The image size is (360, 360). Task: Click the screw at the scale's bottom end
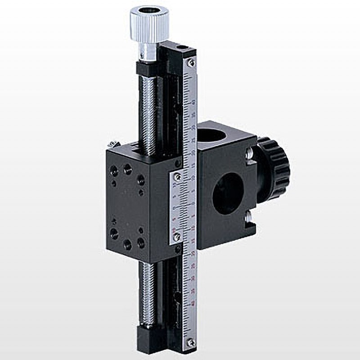click(x=192, y=342)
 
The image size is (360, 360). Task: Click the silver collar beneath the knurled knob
click(x=147, y=52)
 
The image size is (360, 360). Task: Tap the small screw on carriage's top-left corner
click(x=111, y=144)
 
